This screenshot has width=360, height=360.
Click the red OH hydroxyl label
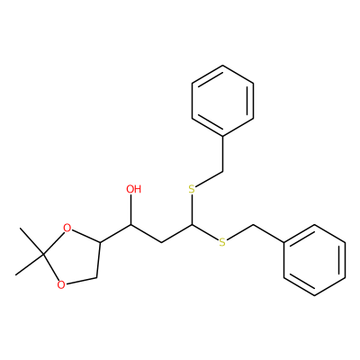[133, 189]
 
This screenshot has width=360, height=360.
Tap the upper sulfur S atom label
[192, 189]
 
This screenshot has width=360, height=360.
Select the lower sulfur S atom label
[222, 242]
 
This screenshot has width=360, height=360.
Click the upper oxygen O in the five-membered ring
[67, 229]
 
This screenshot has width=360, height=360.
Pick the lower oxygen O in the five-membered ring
[61, 284]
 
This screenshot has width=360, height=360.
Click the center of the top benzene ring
[222, 101]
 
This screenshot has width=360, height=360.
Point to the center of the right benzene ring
[314, 260]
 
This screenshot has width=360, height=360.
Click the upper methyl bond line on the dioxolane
[31, 241]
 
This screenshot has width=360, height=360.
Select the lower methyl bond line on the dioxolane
[30, 265]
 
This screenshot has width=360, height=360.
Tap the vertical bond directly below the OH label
[131, 210]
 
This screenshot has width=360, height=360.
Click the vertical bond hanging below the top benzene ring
[223, 154]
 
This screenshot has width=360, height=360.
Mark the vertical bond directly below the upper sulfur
[192, 210]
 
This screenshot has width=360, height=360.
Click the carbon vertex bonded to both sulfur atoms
[192, 225]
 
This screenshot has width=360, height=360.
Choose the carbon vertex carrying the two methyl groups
[44, 256]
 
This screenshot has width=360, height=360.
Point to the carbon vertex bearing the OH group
[131, 225]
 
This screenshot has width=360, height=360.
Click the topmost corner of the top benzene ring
[222, 65]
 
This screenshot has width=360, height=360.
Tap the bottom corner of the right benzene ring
[314, 295]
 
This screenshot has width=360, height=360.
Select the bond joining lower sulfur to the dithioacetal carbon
[205, 232]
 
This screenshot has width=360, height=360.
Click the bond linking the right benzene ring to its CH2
[269, 233]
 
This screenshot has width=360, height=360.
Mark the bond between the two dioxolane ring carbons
[98, 260]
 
